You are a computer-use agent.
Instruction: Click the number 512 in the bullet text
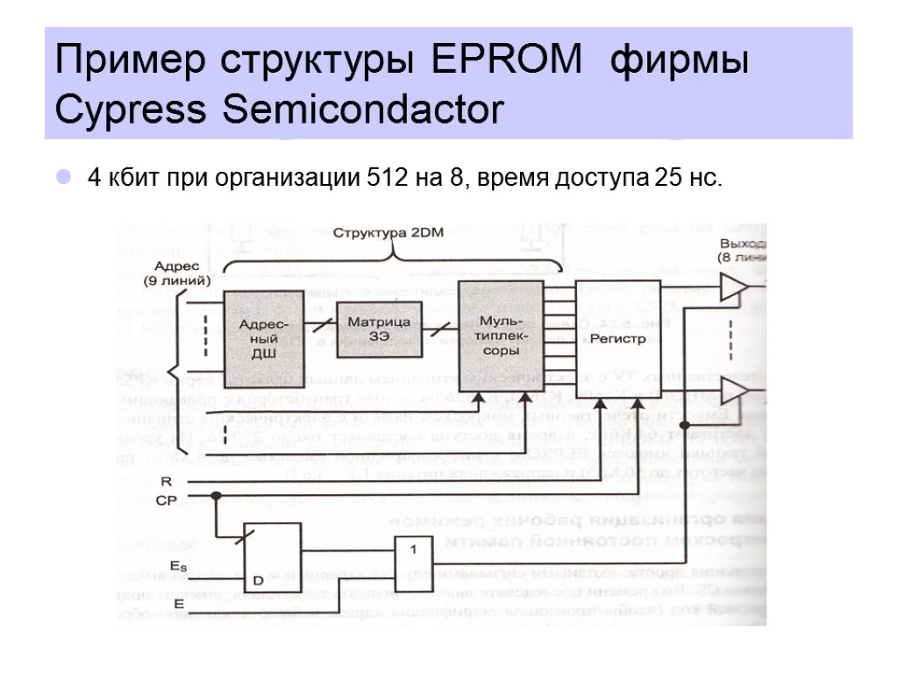click(386, 179)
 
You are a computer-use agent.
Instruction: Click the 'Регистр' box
click(618, 337)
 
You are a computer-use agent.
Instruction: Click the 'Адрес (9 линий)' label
click(176, 273)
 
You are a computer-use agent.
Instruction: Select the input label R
click(166, 482)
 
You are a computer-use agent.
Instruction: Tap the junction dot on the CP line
click(217, 496)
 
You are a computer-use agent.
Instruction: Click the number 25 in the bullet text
click(657, 179)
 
